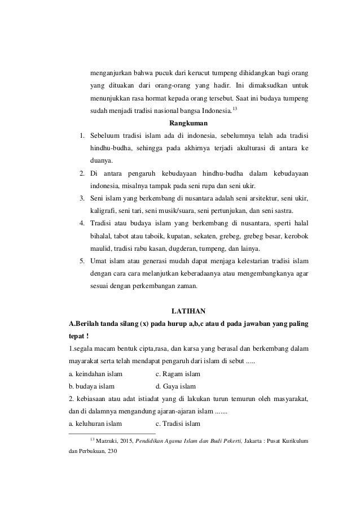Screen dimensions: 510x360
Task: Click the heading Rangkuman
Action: [x=188, y=122]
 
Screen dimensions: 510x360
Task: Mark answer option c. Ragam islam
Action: [x=177, y=374]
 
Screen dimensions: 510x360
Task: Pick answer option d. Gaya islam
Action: [x=175, y=387]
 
